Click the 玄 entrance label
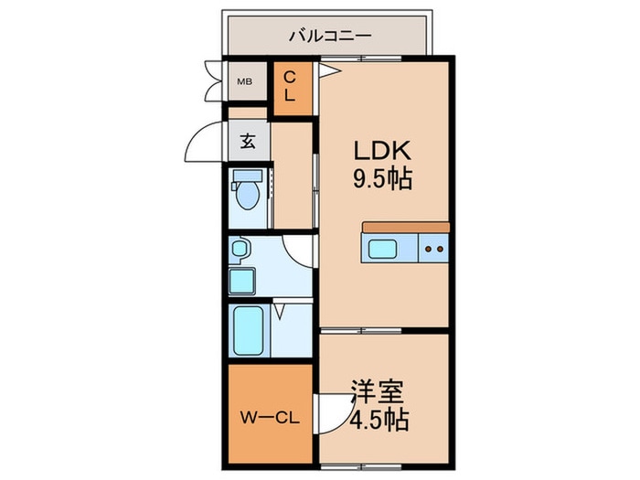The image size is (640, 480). pos(248,142)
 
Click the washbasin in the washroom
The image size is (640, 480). pos(240,248)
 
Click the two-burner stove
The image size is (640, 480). pos(434,247)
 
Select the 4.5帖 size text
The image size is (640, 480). pos(379,422)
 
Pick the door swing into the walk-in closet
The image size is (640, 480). pos(326,411)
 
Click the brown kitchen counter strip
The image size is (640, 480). pos(406,227)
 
